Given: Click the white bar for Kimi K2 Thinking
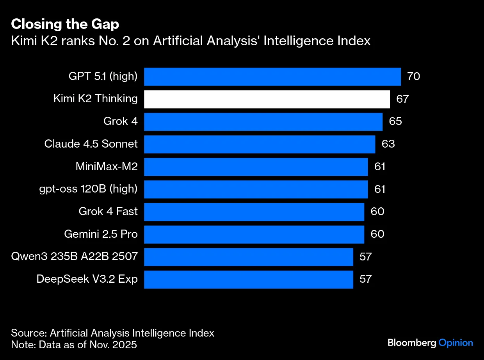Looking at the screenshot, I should (x=267, y=99).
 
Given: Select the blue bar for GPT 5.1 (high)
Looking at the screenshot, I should (x=272, y=77).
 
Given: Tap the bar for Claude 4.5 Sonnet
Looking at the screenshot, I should (x=260, y=144).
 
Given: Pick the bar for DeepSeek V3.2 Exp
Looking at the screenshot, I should (x=249, y=280).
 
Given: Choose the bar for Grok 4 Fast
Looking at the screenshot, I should (x=254, y=212).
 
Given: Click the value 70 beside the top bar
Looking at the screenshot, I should (x=413, y=76).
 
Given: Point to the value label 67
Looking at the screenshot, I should (x=402, y=99).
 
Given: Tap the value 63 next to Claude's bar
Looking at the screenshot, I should (x=388, y=144).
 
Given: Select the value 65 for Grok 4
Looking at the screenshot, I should (x=395, y=121).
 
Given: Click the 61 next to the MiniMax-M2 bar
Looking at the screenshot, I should (x=380, y=167).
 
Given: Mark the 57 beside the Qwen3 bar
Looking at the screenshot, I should (x=365, y=257).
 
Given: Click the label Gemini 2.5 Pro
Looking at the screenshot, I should (x=101, y=234).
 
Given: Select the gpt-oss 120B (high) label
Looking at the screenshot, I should (x=88, y=189).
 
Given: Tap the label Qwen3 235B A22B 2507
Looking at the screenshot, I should (x=75, y=257).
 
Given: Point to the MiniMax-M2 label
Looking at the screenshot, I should (x=107, y=167).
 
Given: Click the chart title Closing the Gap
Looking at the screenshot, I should (x=65, y=24).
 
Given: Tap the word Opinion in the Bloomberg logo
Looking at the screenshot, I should (x=456, y=343).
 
